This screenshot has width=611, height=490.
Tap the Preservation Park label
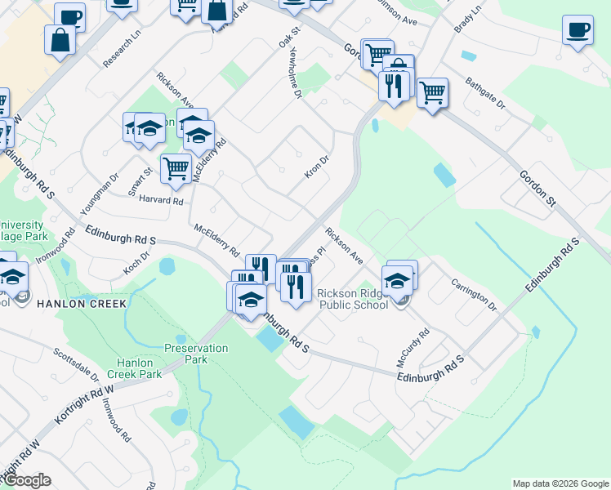(196, 354)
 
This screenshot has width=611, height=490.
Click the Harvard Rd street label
(161, 199)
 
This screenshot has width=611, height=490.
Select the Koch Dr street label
(136, 262)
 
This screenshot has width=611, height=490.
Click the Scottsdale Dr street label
(76, 367)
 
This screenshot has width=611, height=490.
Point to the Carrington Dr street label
(474, 294)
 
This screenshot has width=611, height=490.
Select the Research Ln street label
(122, 49)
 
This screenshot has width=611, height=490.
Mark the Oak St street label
(290, 36)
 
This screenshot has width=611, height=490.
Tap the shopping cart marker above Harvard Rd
(176, 169)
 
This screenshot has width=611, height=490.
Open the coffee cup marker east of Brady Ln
(578, 30)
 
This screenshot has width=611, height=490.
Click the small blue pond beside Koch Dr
(167, 266)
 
